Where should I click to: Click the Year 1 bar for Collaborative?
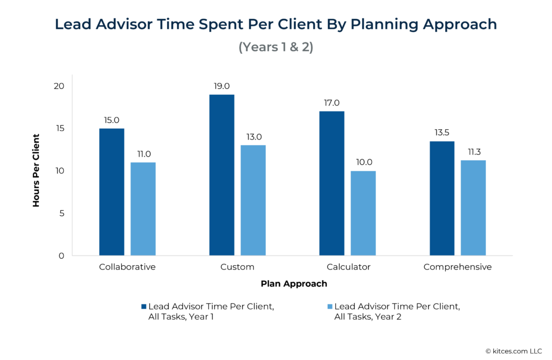click(x=112, y=192)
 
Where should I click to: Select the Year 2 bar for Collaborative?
click(x=143, y=209)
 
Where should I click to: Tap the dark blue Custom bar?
click(x=222, y=175)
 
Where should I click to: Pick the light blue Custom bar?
click(x=253, y=200)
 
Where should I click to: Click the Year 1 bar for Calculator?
click(x=332, y=183)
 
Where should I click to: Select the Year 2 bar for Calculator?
click(x=363, y=213)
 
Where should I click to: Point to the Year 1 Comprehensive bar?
click(x=441, y=198)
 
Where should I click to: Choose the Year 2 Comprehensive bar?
click(x=473, y=208)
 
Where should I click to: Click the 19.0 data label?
click(x=222, y=86)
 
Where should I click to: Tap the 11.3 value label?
click(x=473, y=151)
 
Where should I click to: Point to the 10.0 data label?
click(x=363, y=162)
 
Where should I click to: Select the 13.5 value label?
click(x=441, y=133)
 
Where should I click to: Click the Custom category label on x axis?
click(x=237, y=267)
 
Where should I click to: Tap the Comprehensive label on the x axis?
click(x=457, y=267)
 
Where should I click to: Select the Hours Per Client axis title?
click(x=36, y=170)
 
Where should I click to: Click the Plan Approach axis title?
click(x=294, y=283)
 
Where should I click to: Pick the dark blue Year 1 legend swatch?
click(x=143, y=307)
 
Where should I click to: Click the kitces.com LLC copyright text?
click(x=515, y=351)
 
